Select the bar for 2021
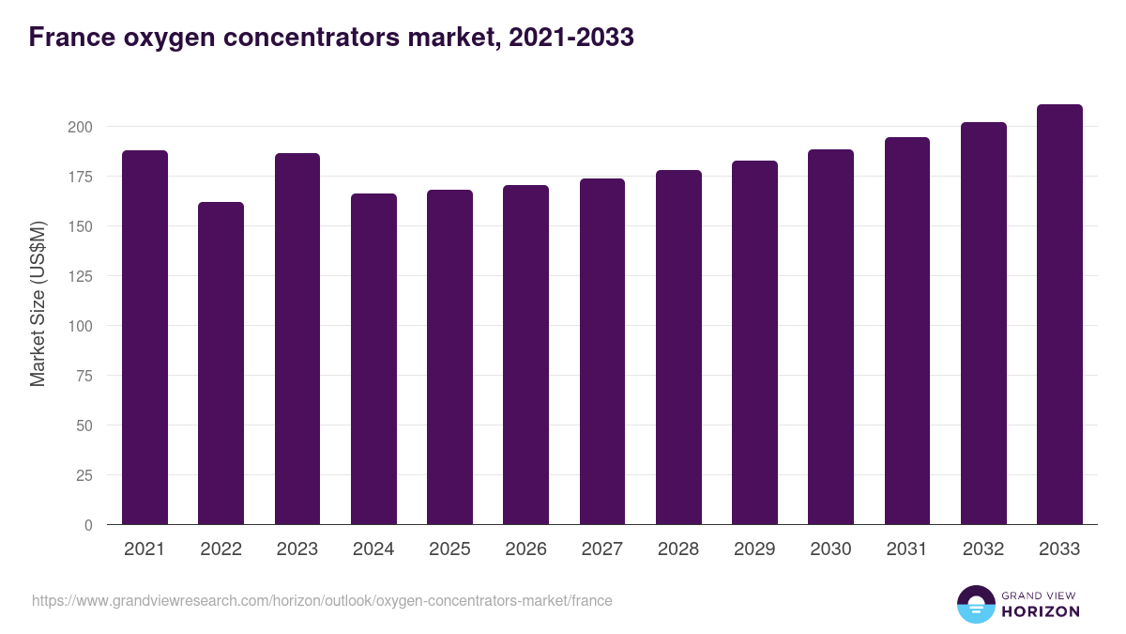(x=145, y=338)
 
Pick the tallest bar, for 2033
(x=1059, y=315)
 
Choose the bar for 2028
(x=678, y=348)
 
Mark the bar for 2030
(x=830, y=337)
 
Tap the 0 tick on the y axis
(x=88, y=525)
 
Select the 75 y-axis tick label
(x=84, y=376)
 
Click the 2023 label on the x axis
(x=297, y=549)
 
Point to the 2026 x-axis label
(x=525, y=549)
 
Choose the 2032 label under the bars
(x=983, y=549)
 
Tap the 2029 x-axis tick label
(x=754, y=549)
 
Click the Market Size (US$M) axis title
(x=38, y=302)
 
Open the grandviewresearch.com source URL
(x=322, y=600)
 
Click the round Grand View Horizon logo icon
(x=975, y=604)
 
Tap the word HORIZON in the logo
(x=1040, y=611)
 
